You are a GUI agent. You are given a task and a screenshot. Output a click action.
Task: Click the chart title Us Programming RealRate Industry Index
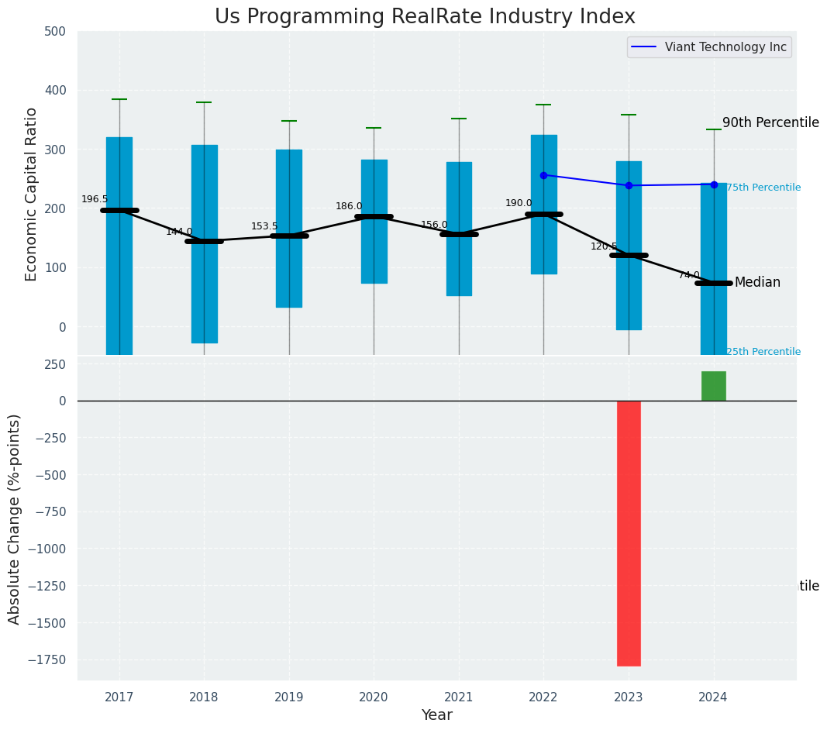425,17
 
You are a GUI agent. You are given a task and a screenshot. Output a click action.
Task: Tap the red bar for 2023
629,532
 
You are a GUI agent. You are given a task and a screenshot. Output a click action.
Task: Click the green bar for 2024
713,386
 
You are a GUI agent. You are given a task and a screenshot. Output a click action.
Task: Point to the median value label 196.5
95,199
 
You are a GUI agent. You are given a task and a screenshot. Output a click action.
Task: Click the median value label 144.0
179,232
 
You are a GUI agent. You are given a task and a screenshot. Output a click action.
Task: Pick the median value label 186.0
349,206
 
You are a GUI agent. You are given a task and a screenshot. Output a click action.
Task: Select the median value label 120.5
604,246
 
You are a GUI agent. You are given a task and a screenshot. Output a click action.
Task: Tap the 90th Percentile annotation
770,122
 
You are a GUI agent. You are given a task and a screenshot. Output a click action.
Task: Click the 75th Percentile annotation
763,188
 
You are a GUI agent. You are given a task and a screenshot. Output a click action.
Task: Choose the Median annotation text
757,282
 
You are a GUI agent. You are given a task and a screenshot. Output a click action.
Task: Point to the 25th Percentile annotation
763,352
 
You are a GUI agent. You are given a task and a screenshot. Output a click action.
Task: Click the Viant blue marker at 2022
543,175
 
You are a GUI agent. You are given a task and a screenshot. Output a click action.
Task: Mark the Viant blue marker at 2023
629,185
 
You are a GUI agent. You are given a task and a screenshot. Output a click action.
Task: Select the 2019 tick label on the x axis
289,697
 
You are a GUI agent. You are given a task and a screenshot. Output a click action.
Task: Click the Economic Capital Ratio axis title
32,194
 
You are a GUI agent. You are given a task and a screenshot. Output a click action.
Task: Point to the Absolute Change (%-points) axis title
15,518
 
